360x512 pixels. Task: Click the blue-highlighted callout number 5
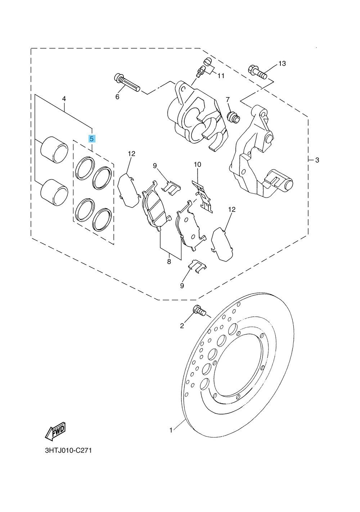[x=92, y=139]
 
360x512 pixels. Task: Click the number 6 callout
[x=117, y=96]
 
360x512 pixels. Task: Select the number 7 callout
[x=228, y=100]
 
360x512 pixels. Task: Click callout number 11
[x=221, y=76]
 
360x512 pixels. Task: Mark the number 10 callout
[x=197, y=164]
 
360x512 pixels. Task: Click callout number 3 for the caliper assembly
[x=317, y=160]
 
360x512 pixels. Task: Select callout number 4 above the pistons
[x=64, y=98]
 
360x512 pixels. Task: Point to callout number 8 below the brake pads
[x=169, y=262]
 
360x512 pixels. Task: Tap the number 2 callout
[x=182, y=326]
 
